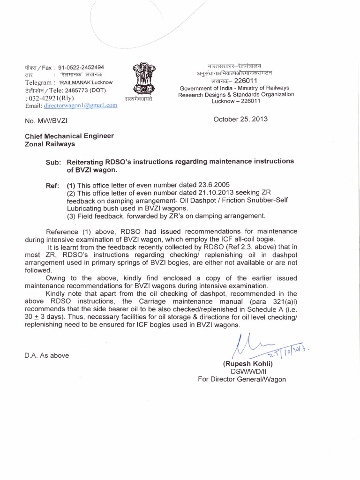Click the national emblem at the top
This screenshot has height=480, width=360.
[x=141, y=79]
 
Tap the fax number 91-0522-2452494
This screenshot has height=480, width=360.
[x=81, y=67]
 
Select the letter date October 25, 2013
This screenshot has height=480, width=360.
[x=240, y=119]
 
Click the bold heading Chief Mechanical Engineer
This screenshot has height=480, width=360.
[x=69, y=136]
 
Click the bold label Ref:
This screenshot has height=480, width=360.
[x=52, y=186]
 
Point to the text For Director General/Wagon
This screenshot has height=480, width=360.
[x=241, y=379]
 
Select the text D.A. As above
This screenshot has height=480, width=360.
[x=46, y=355]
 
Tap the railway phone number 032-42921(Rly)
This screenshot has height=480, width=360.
[x=51, y=97]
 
